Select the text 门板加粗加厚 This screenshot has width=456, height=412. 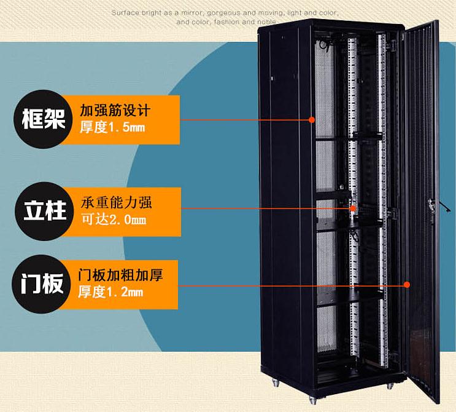[120, 274]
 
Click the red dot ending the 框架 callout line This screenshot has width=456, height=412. [312, 119]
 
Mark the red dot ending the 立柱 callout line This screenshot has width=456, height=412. [353, 209]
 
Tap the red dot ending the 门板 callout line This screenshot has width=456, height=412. [407, 285]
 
